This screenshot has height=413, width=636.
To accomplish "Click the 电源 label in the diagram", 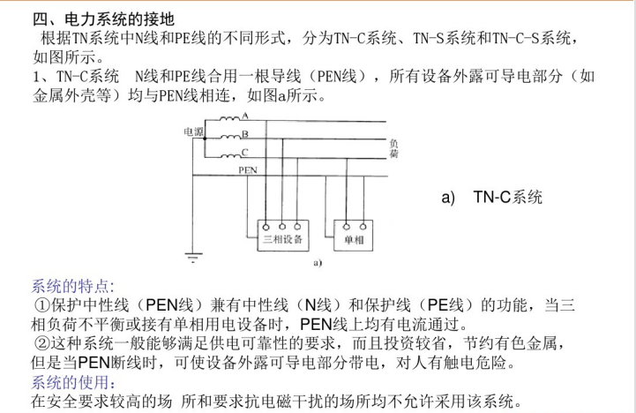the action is (193, 131).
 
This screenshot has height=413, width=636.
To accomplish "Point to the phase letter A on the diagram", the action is (244, 116).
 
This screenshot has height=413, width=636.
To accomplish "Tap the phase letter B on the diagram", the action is (244, 134).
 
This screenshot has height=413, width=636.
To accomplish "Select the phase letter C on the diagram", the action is (244, 152).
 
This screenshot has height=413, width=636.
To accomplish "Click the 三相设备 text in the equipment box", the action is (283, 240).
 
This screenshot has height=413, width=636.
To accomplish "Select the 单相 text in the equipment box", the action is (354, 240).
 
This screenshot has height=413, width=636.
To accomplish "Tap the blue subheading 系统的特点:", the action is (72, 286).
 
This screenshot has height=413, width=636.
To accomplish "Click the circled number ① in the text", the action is (41, 305).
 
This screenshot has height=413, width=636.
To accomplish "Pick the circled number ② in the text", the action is (41, 343).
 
